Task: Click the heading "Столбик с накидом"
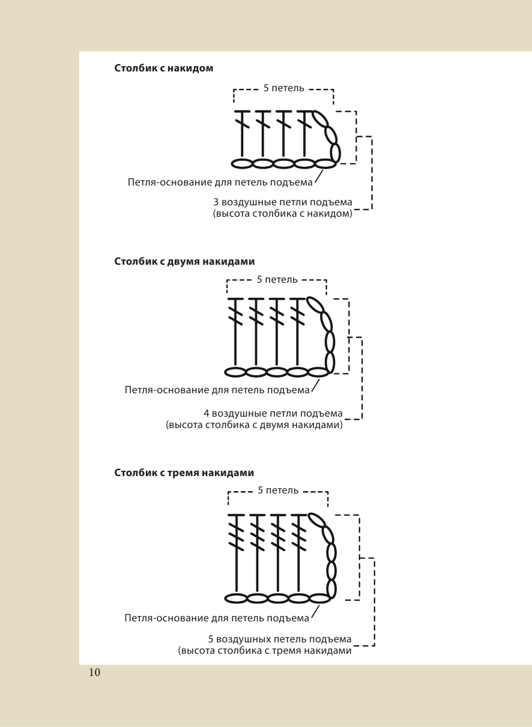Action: coord(163,68)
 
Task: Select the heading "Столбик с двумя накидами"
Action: coord(184,261)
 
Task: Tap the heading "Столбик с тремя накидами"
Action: coord(184,472)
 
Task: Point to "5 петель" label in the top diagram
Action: coord(283,88)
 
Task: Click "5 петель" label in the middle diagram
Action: coord(277,279)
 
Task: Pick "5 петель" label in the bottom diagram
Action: coord(278,490)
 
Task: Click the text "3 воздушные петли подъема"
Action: coord(282,202)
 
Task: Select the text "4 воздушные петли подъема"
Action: coord(273,414)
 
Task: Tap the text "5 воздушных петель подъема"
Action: coord(279,639)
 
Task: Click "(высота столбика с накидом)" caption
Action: coord(282,213)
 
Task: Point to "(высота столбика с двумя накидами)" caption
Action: coord(254,425)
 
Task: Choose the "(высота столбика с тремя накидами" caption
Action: coord(264,650)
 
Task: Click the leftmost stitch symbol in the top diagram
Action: coord(242,135)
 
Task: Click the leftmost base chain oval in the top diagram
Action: coord(242,163)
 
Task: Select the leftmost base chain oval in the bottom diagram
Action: coord(237,598)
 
